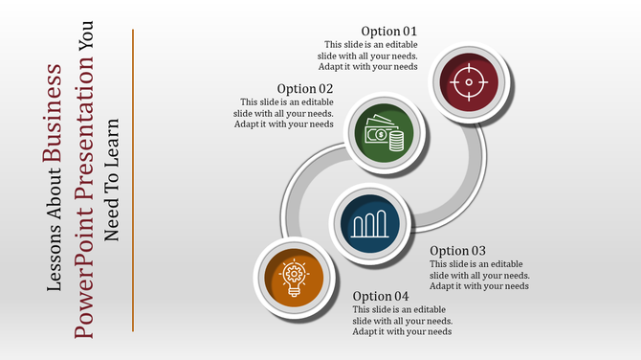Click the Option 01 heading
(x=388, y=32)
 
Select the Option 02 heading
(x=305, y=89)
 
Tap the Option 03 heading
(x=458, y=251)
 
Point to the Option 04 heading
(x=381, y=296)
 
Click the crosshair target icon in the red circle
(x=468, y=82)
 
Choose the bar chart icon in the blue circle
(x=369, y=224)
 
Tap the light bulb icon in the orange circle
(x=293, y=278)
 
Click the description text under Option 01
(x=367, y=56)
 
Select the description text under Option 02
(x=287, y=113)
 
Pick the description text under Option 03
(x=479, y=275)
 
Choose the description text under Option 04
(x=402, y=321)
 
